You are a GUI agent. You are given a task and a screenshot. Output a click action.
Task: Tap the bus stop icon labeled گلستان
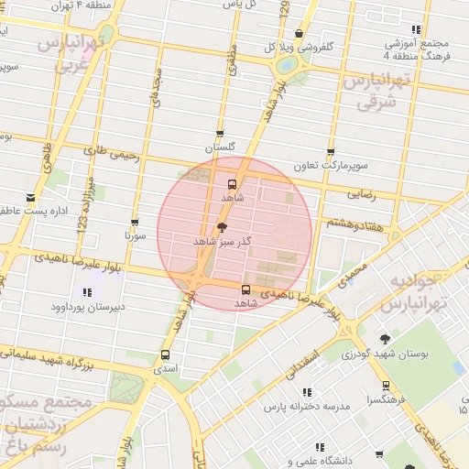pos(219,134)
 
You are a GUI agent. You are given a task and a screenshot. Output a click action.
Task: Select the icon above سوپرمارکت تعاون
pos(330,152)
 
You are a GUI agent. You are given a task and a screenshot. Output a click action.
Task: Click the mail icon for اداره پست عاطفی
pos(30,198)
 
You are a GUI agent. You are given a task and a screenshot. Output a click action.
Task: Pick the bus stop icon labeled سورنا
pos(136,222)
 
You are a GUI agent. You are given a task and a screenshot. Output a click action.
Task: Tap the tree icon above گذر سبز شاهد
pos(222,227)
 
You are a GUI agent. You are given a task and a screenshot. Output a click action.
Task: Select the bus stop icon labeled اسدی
pos(165,354)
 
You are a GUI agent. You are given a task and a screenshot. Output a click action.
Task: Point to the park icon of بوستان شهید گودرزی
pos(396,338)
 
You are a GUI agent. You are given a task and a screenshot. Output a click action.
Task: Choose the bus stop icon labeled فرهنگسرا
pos(386,386)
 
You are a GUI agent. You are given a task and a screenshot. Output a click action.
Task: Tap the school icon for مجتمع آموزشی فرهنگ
pos(417,29)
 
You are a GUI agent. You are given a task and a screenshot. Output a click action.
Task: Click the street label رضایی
pos(362,194)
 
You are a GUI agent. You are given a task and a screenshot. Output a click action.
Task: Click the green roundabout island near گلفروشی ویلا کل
pos(287,64)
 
